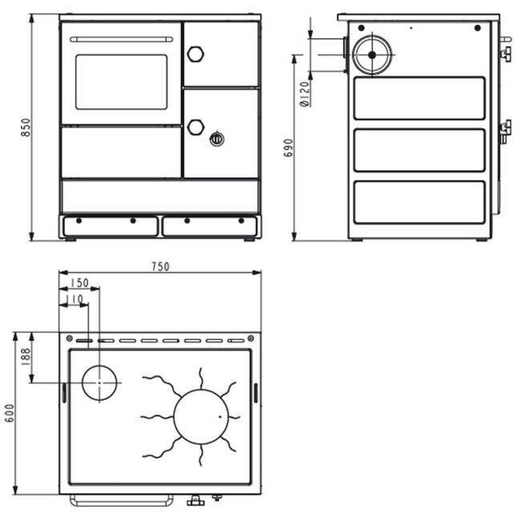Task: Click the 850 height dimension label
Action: click(x=26, y=127)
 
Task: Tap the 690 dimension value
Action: click(x=289, y=147)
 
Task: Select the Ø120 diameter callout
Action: click(x=305, y=94)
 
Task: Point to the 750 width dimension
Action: click(x=160, y=266)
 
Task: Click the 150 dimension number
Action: click(x=79, y=283)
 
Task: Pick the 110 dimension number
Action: click(x=74, y=299)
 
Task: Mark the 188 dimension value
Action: click(x=26, y=357)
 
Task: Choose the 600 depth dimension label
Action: click(x=10, y=413)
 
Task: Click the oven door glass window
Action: click(x=121, y=82)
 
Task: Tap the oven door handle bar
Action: click(x=121, y=39)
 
